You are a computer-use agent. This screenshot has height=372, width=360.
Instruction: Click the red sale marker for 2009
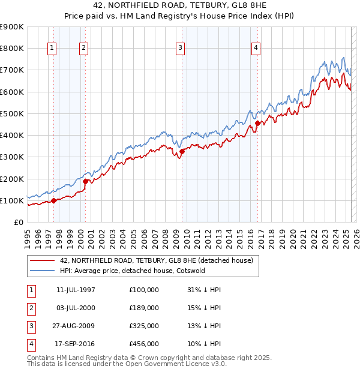pyautogui.click(x=182, y=152)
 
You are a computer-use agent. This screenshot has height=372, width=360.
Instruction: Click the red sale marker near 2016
pyautogui.click(x=257, y=124)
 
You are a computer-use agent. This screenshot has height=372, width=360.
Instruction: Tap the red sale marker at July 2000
pyautogui.click(x=85, y=181)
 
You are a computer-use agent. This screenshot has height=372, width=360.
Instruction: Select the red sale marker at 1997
pyautogui.click(x=54, y=200)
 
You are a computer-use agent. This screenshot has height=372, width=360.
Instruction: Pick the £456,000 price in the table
pyautogui.click(x=144, y=344)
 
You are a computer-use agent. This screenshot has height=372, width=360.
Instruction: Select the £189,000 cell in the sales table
pyautogui.click(x=144, y=308)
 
